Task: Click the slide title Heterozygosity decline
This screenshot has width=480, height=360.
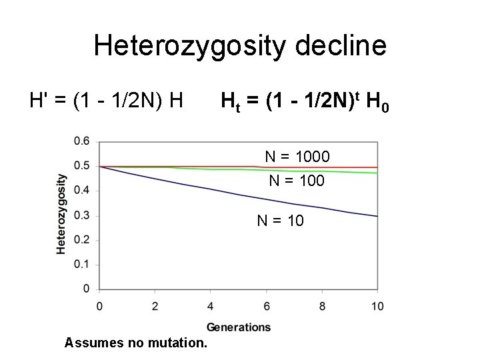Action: coord(240,46)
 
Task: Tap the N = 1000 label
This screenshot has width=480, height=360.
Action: coord(297,157)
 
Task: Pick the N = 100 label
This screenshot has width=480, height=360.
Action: coord(297,180)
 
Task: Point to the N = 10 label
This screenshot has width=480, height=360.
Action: coord(280,220)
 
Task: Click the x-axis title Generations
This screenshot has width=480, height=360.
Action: coord(239,327)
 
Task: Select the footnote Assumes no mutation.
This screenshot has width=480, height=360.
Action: coord(136,343)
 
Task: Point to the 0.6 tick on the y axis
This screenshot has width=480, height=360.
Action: coord(82,141)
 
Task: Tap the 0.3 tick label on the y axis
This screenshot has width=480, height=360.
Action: coord(82,215)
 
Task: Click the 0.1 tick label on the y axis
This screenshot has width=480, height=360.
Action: coord(82,265)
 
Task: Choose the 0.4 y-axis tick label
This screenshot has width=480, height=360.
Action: coord(82,191)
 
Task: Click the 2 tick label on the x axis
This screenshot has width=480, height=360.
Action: coord(155,306)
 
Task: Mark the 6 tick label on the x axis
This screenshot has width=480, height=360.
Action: coord(266,306)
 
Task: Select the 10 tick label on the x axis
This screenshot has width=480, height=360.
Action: coord(377,306)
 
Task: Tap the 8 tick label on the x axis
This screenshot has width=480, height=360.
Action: coord(322,306)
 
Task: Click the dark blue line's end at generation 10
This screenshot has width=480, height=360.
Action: coord(377,216)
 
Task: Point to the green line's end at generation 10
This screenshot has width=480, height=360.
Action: coord(377,173)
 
